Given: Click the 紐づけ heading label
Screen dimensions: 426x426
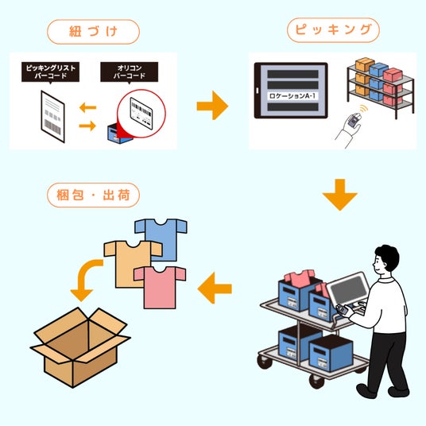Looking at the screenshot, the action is point(93,32).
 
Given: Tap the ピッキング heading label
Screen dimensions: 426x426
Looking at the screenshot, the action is point(333,30).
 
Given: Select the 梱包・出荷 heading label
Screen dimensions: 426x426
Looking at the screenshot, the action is point(93,195).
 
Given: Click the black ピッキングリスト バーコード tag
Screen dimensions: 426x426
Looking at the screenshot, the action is point(51,72).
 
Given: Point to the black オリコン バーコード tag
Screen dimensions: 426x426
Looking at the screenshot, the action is point(130,72).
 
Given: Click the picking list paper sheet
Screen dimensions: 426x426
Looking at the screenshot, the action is point(53,116).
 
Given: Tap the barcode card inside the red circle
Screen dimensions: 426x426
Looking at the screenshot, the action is point(141,114).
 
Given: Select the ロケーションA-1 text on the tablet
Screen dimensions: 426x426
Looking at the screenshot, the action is point(292,96).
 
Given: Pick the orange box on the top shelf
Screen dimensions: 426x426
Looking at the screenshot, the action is point(365,64).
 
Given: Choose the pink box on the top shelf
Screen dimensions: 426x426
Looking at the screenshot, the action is point(393,75).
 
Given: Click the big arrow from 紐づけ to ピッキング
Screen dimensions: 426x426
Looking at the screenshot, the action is point(212,106).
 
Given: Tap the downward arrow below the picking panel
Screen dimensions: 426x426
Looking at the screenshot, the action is point(340,195).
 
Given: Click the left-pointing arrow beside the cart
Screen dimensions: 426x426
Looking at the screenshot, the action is point(215,288).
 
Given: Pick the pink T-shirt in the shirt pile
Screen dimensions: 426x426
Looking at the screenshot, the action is point(160,288).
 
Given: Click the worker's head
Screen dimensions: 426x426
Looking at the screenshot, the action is point(386,259).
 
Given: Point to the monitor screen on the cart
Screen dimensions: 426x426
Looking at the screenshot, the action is point(349,288).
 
